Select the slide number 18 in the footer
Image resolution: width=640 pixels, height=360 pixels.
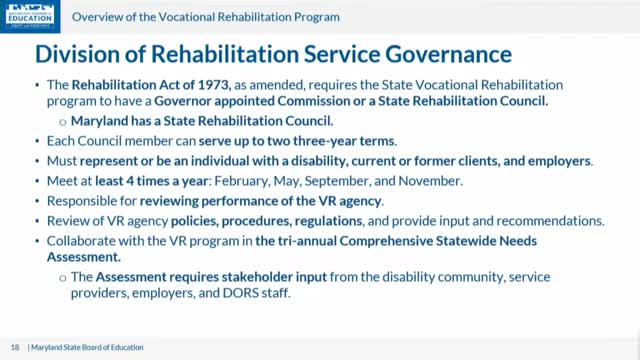point(15,347)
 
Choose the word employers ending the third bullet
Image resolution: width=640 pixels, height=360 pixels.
point(560,159)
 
